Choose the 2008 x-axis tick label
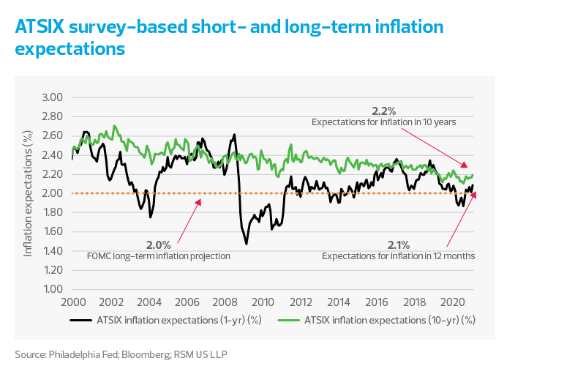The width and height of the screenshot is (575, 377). pyautogui.click(x=225, y=302)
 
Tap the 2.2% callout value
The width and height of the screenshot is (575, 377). pyautogui.click(x=383, y=111)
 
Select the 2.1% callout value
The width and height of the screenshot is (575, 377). pyautogui.click(x=398, y=245)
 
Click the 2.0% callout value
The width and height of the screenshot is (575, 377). pyautogui.click(x=158, y=245)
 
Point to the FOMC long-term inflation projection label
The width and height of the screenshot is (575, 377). pyautogui.click(x=159, y=256)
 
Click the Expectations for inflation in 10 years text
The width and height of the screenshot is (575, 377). pyautogui.click(x=384, y=122)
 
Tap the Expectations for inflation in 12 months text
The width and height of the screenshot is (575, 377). pyautogui.click(x=399, y=256)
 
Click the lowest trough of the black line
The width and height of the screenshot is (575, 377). pyautogui.click(x=247, y=243)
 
